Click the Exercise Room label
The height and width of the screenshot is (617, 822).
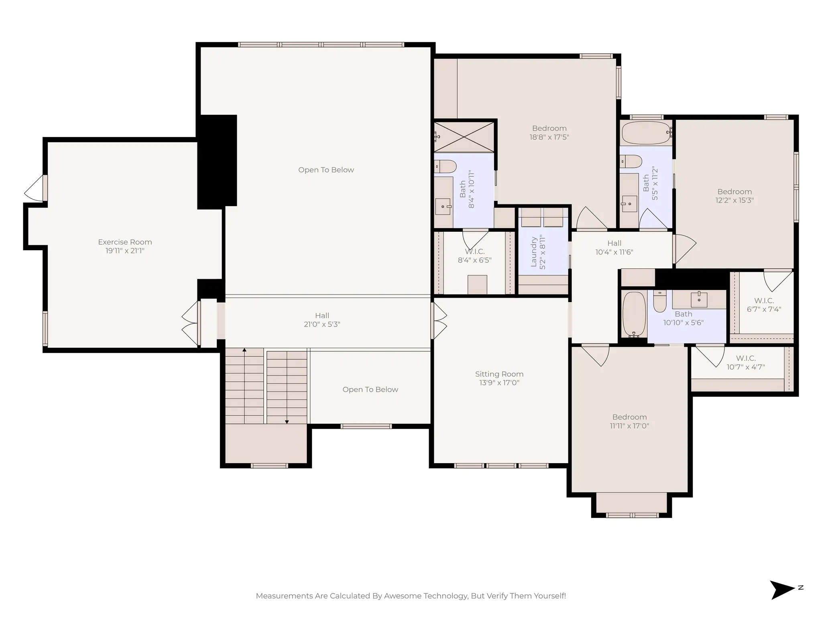tap(125, 242)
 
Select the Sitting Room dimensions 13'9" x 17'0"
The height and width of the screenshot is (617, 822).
tap(499, 383)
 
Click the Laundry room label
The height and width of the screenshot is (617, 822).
tap(534, 252)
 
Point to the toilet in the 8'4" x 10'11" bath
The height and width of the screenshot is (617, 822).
tap(446, 166)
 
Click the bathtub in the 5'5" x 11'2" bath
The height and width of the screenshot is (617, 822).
tap(645, 133)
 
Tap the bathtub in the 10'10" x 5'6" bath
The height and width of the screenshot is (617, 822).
tap(634, 314)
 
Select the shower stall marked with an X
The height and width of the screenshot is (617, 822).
tap(464, 137)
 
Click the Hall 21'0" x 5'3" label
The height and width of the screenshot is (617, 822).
tap(322, 320)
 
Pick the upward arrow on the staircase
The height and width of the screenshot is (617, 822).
tap(244, 351)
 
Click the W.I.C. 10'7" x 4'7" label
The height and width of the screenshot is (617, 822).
tap(746, 362)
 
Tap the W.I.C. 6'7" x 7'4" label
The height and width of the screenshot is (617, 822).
tap(764, 305)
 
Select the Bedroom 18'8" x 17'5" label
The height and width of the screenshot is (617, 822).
tap(549, 133)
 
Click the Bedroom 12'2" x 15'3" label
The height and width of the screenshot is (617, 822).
tap(735, 196)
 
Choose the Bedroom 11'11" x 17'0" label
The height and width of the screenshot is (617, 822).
tap(629, 421)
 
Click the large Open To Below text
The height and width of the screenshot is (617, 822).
tap(326, 170)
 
